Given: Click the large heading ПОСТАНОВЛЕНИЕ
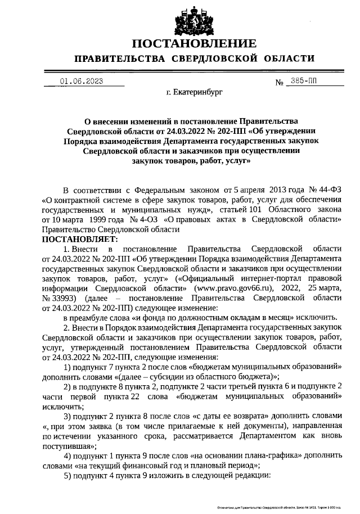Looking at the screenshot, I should [195, 43].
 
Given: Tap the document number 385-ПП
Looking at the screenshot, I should [301, 81].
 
